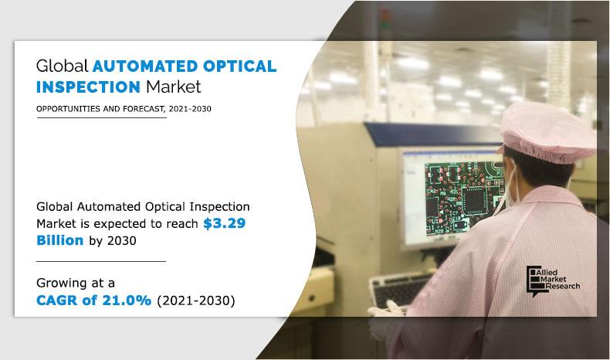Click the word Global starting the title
tap(63, 66)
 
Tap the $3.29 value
tap(226, 223)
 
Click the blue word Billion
tap(57, 241)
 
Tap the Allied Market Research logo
tap(552, 278)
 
